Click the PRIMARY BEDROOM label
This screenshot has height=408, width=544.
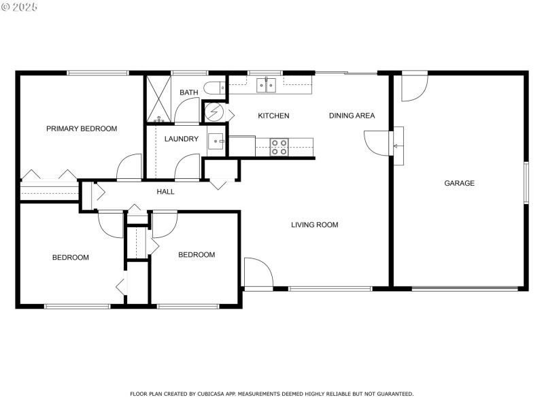pos(81,129)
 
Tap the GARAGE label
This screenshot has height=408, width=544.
pos(459,183)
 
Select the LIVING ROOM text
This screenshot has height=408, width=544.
pos(314,225)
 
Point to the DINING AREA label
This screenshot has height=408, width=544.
pos(352,116)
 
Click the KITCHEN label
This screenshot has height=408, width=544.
pos(273,116)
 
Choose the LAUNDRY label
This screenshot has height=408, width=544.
pos(181,139)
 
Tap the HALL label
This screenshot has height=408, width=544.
pos(165,192)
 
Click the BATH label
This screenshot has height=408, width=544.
pos(188,92)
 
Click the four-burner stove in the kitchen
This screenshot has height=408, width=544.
pos(279,147)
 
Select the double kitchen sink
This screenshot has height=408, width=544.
pos(265,85)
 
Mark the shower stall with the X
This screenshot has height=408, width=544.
pos(158,99)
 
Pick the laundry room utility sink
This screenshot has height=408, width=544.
pos(217,141)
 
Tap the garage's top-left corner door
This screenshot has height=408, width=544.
pos(413,87)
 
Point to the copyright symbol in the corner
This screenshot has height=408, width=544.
pos(6,7)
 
